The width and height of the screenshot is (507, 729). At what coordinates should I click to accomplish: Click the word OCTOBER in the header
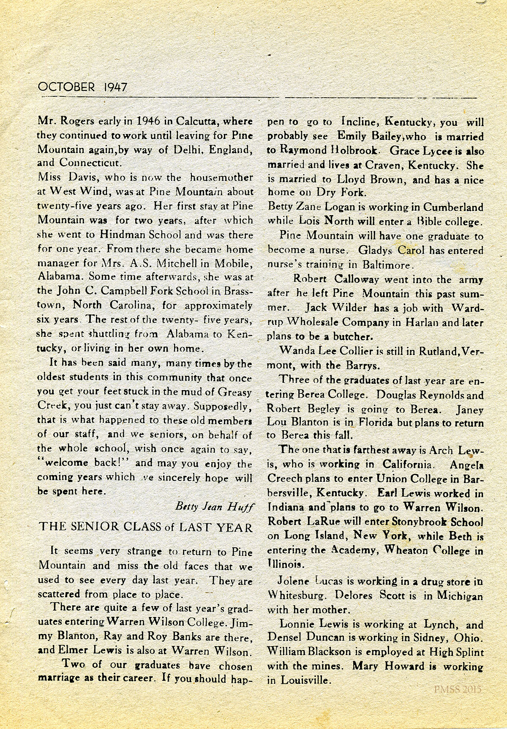66,87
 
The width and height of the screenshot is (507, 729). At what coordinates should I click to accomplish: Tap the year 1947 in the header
114,87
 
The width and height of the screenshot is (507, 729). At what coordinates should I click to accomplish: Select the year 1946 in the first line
148,122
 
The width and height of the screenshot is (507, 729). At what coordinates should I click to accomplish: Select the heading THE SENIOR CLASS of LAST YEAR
146,527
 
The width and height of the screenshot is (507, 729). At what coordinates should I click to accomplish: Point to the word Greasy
235,392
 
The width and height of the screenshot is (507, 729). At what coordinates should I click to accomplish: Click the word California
407,464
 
